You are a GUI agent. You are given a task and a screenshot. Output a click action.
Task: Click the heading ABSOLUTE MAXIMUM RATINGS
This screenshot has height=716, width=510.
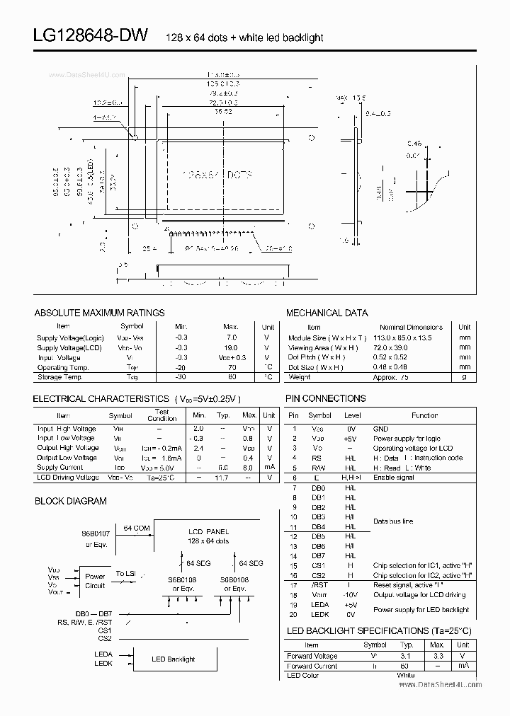[99, 313]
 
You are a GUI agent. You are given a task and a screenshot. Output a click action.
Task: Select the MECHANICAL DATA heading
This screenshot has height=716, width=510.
[327, 313]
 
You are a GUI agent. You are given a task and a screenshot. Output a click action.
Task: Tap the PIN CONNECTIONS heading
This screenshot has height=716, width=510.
[325, 398]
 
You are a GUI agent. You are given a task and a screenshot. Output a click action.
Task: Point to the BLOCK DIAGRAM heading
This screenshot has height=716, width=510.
[71, 501]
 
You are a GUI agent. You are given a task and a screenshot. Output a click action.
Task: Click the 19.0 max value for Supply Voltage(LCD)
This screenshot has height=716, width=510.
[231, 348]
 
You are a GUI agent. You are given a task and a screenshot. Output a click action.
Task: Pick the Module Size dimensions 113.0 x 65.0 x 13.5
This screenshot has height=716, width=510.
[402, 338]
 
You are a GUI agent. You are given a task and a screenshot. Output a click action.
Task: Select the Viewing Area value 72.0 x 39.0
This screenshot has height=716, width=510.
[392, 348]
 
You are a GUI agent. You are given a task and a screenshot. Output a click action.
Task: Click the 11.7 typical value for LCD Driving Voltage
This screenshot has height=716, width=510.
[222, 478]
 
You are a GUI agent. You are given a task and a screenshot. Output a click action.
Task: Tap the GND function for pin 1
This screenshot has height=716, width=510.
[380, 429]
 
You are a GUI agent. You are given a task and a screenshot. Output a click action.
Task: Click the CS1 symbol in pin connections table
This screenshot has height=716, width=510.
[319, 565]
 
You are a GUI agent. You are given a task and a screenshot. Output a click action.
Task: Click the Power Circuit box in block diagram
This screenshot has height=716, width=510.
[95, 581]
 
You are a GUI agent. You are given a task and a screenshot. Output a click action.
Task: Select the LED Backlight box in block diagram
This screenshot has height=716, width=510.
[173, 659]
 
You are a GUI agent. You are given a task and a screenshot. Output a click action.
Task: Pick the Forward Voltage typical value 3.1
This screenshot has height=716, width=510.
[407, 655]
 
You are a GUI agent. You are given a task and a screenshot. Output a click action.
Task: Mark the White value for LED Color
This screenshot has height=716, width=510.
[405, 676]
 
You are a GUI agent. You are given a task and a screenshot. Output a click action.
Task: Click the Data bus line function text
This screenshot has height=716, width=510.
[393, 521]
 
